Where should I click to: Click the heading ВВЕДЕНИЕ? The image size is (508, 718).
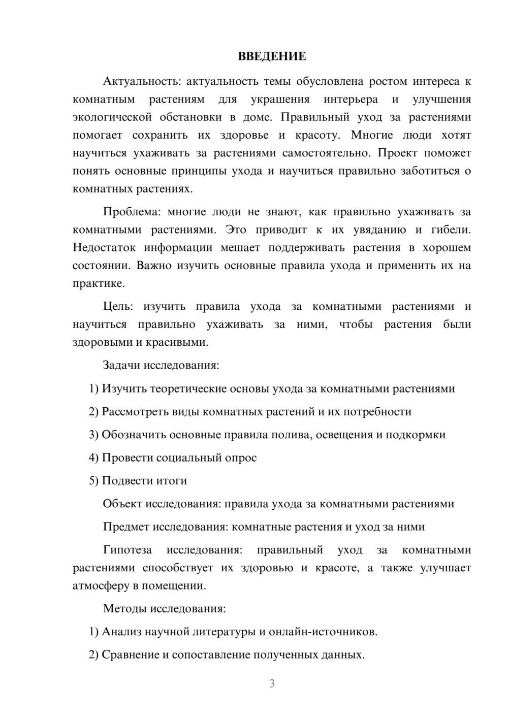[x=272, y=56]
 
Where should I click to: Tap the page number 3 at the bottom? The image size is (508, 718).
[x=272, y=683]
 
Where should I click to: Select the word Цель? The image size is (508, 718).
[x=117, y=306]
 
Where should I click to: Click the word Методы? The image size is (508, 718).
[x=121, y=608]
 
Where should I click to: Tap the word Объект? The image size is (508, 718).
[x=122, y=504]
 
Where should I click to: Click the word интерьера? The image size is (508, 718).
[x=351, y=99]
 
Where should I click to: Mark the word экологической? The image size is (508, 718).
[x=112, y=117]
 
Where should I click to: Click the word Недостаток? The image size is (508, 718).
[x=104, y=248]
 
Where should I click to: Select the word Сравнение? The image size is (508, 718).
[x=131, y=655]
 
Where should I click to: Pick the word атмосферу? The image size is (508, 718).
[x=101, y=585]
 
